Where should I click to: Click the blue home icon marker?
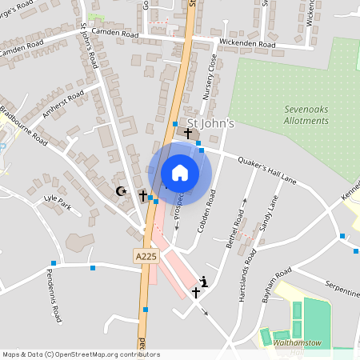click(x=180, y=173)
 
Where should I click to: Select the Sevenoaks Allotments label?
click(x=306, y=115)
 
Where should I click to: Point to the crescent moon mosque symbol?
click(x=122, y=191)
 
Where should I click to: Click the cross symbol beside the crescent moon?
click(x=143, y=195)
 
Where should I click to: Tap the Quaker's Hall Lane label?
click(x=267, y=169)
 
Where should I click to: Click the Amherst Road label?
click(x=63, y=105)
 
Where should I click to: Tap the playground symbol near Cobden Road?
click(x=205, y=280)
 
